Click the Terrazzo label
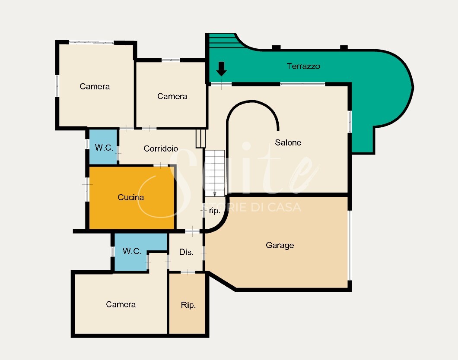click(x=303, y=66)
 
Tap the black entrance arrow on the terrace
click(x=221, y=69)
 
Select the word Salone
click(x=288, y=142)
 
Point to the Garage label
click(x=280, y=245)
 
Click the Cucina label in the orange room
click(x=130, y=197)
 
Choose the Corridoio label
click(x=161, y=148)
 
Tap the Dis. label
click(x=186, y=252)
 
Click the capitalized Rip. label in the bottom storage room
click(x=188, y=305)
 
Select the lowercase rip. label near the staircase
click(x=214, y=211)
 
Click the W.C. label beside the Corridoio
click(x=104, y=148)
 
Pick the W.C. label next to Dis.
click(x=132, y=251)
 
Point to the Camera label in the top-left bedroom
click(x=95, y=86)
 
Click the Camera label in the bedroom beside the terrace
click(x=172, y=96)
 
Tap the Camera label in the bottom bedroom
click(x=121, y=304)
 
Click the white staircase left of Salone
click(x=215, y=173)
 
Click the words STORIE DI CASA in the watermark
click(x=252, y=207)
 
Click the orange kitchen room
click(x=132, y=198)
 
